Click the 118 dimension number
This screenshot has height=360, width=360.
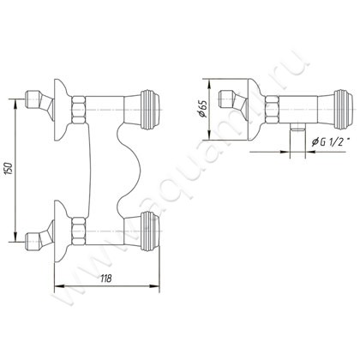point(105,279)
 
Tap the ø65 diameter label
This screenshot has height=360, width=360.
point(202,111)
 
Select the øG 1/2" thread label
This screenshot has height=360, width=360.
point(329,141)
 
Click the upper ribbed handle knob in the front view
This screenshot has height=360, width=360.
point(151,110)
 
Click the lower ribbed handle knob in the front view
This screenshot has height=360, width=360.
point(151,231)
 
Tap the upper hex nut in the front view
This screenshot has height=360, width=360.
point(79,110)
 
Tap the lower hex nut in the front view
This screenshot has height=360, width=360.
point(79,231)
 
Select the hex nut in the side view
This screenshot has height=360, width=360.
point(272,110)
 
